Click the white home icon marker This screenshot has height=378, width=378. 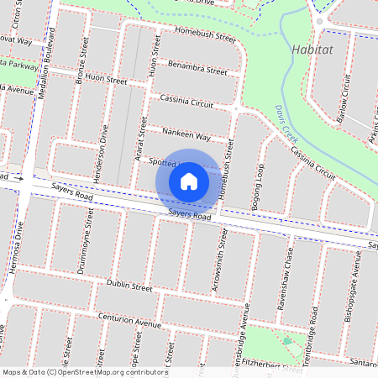pyautogui.click(x=189, y=181)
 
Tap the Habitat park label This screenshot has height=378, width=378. pyautogui.click(x=312, y=50)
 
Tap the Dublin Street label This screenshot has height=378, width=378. pyautogui.click(x=129, y=286)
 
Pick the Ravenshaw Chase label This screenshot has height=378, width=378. pyautogui.click(x=289, y=267)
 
